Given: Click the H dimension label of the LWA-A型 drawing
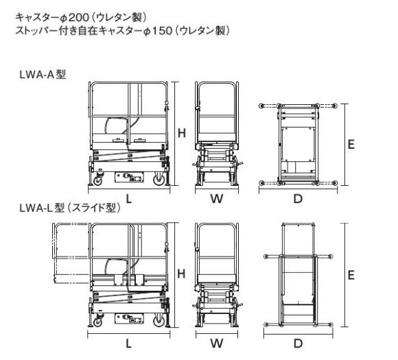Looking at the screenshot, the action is coord(182,133).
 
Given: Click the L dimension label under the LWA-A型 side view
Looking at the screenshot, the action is coord(129,199).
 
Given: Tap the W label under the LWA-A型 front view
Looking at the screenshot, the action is coord(217,199).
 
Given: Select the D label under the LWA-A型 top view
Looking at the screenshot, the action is coord(298,199).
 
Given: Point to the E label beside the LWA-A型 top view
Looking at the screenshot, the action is coord(351,145).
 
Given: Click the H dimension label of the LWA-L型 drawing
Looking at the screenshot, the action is coord(181,274).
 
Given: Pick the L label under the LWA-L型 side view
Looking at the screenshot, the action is coord(129,344).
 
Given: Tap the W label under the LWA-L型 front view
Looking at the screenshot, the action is coord(217,344).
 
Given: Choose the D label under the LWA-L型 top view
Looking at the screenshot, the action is coord(298,344).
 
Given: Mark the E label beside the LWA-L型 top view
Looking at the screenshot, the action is coord(351,275).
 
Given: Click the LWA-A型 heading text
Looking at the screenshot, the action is coord(43,75).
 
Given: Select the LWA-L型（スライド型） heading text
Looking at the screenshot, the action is coord(69,208).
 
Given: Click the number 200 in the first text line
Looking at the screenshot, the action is coord(79,18).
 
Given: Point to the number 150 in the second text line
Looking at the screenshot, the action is coord(162,31).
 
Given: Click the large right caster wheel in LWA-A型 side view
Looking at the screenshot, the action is coord(159,180).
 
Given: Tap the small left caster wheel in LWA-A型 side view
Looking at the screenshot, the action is coord(97,180).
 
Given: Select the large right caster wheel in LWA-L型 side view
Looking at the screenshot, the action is coord(159,321).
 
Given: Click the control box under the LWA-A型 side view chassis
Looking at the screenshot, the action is coord(129,177).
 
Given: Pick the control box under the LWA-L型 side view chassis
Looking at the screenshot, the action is coord(129,318).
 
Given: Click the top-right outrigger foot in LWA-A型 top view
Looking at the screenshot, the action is coord(335,106).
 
